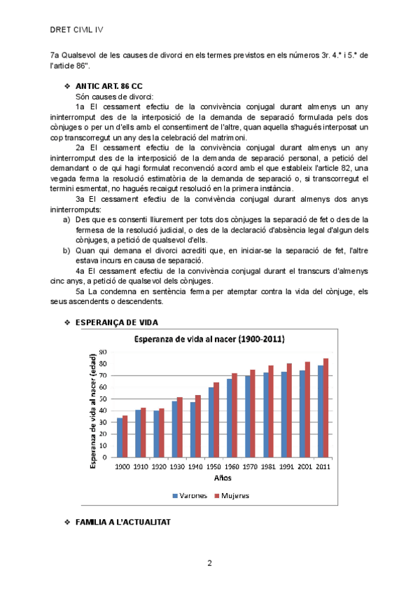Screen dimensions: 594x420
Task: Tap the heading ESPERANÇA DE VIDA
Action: tap(116, 322)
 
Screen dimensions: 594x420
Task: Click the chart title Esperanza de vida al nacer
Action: tap(209, 339)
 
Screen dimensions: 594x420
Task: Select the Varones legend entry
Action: tap(190, 495)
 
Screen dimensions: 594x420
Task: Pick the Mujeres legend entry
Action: tap(232, 495)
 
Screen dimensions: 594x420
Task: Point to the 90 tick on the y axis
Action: tap(103, 352)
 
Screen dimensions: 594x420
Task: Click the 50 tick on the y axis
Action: tap(103, 399)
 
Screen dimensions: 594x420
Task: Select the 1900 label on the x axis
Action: tap(122, 467)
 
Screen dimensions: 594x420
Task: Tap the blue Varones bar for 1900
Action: tap(120, 438)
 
